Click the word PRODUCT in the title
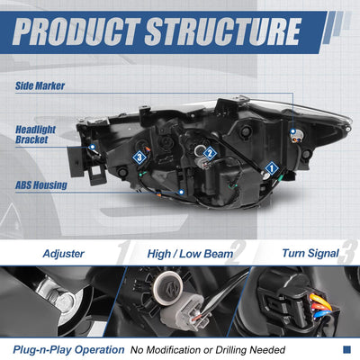pyautogui.click(x=76, y=31)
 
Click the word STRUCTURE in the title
pyautogui.click(x=223, y=31)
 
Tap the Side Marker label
pyautogui.click(x=40, y=85)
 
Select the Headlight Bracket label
pyautogui.click(x=35, y=134)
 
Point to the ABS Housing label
pyautogui.click(x=41, y=185)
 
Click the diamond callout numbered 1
pyautogui.click(x=272, y=168)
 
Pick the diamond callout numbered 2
pyautogui.click(x=210, y=154)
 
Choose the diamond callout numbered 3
pyautogui.click(x=139, y=157)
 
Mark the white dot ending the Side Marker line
pyautogui.click(x=292, y=131)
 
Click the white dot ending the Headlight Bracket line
pyautogui.click(x=93, y=147)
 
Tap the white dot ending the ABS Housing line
pyautogui.click(x=181, y=192)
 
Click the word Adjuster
pyautogui.click(x=63, y=254)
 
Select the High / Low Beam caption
pyautogui.click(x=190, y=254)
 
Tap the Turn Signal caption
pyautogui.click(x=310, y=254)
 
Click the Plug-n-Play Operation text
pyautogui.click(x=68, y=350)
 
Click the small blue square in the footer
pyautogui.click(x=346, y=349)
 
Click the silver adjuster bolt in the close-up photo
pyautogui.click(x=64, y=301)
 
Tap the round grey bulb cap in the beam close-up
pyautogui.click(x=167, y=288)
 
